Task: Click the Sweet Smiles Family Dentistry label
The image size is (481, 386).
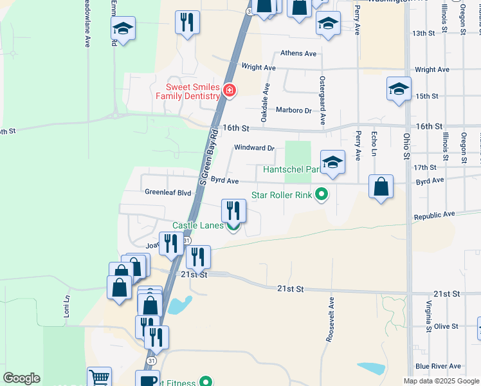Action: (x=193, y=91)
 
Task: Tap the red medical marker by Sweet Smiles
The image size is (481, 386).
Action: (x=229, y=91)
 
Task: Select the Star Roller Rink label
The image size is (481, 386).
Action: (x=281, y=194)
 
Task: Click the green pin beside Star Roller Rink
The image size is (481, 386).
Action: (x=322, y=194)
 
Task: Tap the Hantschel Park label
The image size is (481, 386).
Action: (x=291, y=170)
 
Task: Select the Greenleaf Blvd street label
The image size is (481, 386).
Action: (x=168, y=192)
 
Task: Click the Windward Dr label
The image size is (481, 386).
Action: (x=254, y=147)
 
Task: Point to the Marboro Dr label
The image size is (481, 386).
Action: (x=293, y=110)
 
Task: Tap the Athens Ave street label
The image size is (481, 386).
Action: (x=299, y=53)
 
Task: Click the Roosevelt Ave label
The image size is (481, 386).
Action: (x=331, y=319)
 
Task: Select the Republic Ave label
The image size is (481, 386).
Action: (x=435, y=215)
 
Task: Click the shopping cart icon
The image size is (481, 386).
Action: (x=99, y=377)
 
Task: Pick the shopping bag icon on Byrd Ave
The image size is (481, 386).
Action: (x=381, y=187)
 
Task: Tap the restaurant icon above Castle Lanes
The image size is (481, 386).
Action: (x=233, y=210)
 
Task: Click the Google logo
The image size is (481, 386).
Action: (x=21, y=378)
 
